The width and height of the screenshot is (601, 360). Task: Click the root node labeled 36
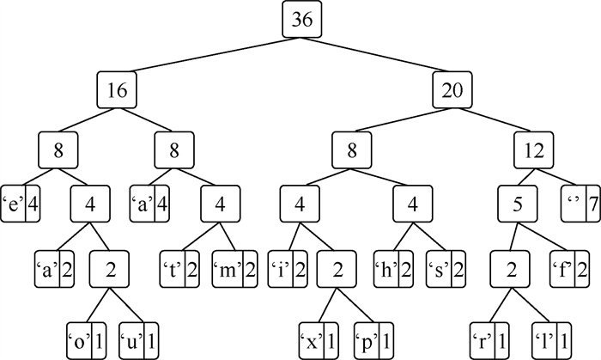coord(300,21)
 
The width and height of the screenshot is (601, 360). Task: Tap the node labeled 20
coord(452,88)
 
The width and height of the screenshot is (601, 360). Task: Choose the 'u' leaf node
coord(138,329)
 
